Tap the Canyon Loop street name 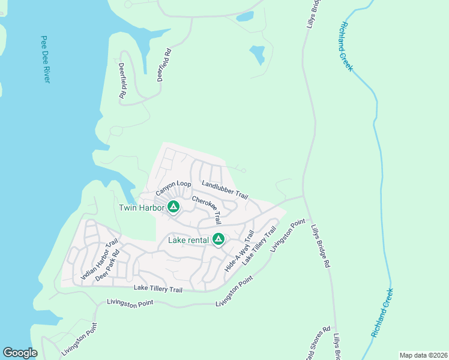coord(173,188)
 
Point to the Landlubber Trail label coord(225,190)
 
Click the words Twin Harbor coord(142,208)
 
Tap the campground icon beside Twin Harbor coord(173,208)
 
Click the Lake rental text coord(188,240)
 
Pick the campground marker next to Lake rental coord(218,240)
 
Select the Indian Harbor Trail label coord(100,260)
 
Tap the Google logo coord(20,353)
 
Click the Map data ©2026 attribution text coord(423,355)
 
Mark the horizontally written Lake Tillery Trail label coord(158,289)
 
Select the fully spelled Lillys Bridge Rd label coord(321,246)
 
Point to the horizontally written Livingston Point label coord(135,303)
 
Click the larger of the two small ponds coord(257,55)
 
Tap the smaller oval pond coord(245,17)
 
